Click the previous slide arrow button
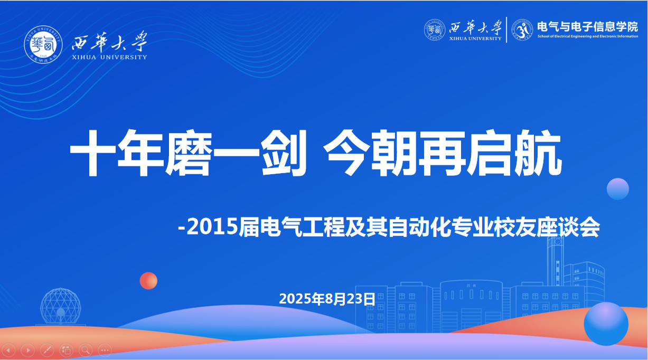coord(10,349)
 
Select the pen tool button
coord(46,349)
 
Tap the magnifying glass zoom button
coord(86,349)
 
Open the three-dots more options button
coord(105,349)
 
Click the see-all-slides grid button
coord(66,349)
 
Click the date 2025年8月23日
coord(327,299)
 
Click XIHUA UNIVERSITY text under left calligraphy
coord(109,56)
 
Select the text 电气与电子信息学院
coord(587,26)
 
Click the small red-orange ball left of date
coord(148,280)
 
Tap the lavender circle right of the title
coord(617,188)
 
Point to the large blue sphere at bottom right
coord(606,324)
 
